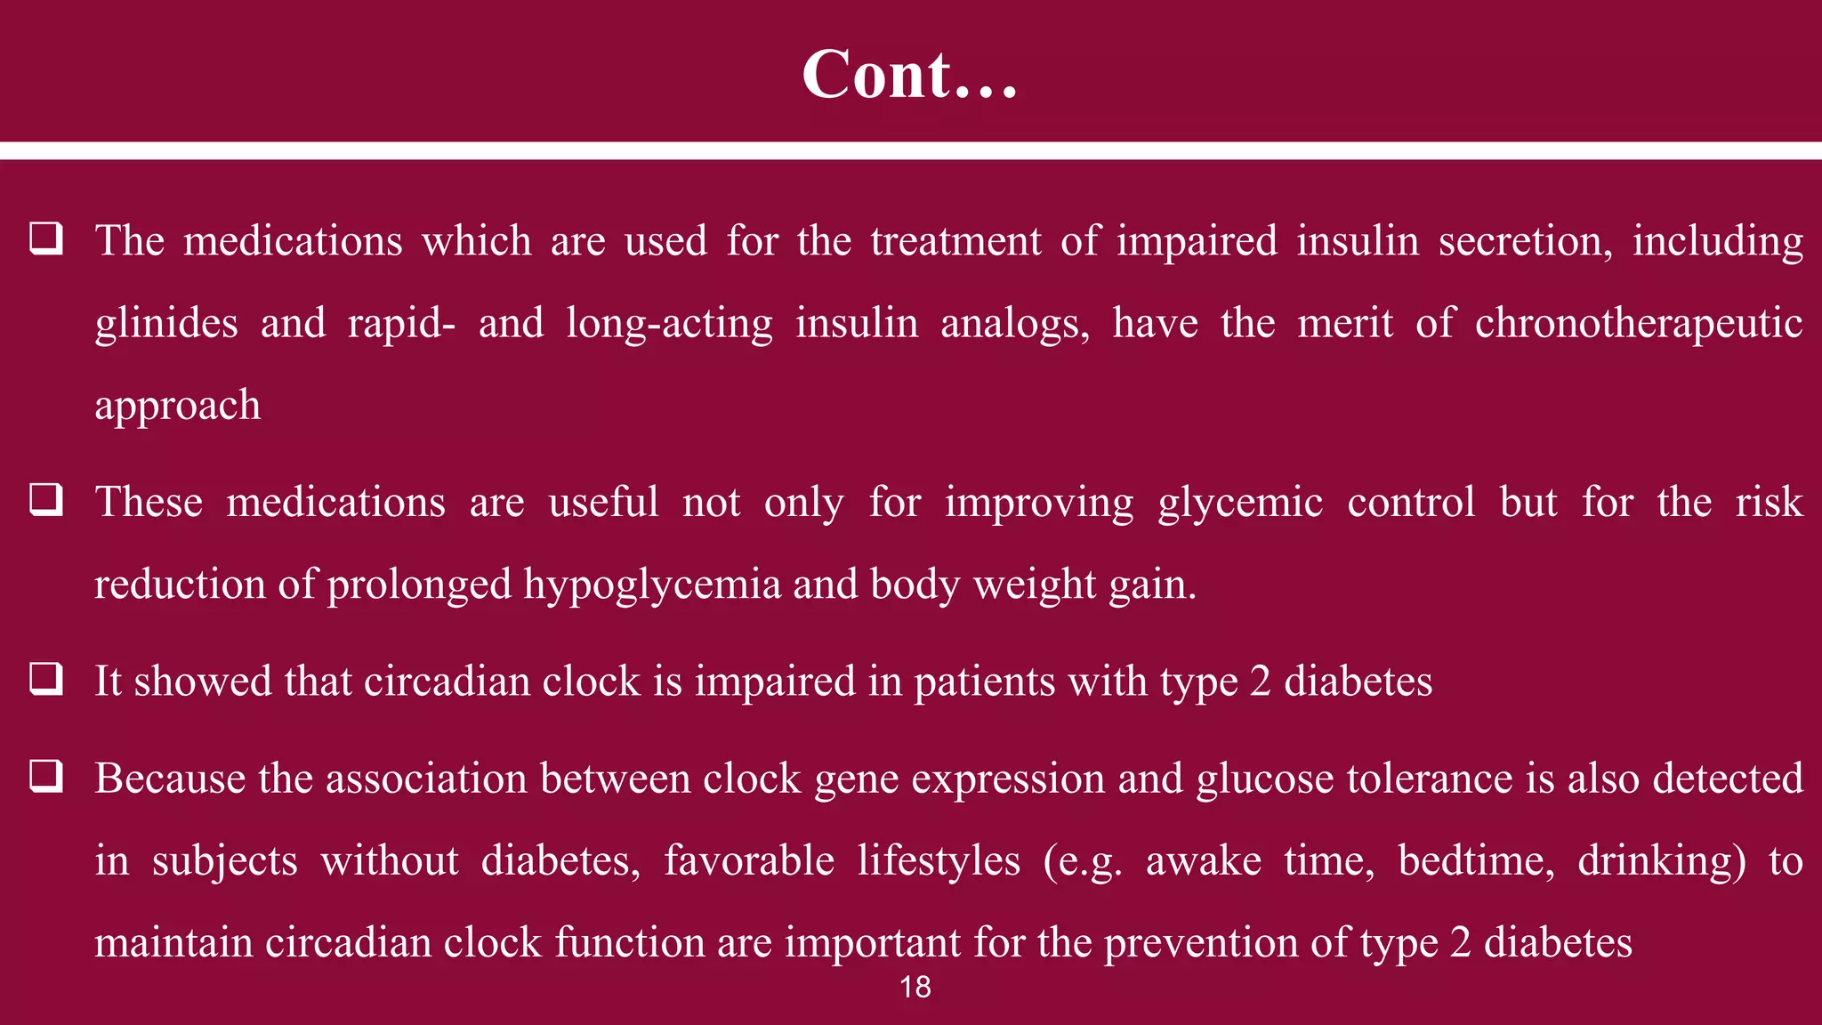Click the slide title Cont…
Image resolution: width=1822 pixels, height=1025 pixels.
(909, 74)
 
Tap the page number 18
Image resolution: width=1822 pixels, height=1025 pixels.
(915, 987)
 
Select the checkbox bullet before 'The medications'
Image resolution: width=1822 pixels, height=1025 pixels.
(46, 238)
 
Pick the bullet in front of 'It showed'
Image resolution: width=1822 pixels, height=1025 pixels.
(46, 679)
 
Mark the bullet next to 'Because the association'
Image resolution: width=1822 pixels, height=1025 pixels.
(46, 776)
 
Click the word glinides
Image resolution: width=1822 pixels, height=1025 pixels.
(166, 323)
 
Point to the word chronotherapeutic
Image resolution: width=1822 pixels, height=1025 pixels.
(1639, 323)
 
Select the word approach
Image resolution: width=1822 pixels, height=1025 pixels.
(177, 406)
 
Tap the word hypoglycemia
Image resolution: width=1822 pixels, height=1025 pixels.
(651, 585)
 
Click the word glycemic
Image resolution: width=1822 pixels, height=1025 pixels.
(1240, 503)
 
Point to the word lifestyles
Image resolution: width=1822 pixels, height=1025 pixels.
(939, 860)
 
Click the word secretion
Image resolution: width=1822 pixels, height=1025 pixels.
(1525, 241)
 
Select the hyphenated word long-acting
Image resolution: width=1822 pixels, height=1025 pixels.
(669, 323)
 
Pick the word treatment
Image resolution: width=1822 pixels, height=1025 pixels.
(955, 241)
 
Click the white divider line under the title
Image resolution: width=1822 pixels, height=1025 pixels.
(911, 150)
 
